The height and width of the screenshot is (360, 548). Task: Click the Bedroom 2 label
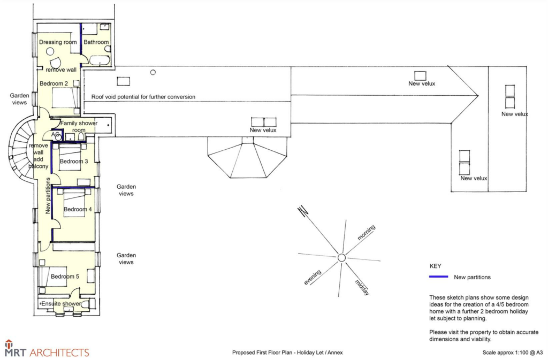pyautogui.click(x=54, y=83)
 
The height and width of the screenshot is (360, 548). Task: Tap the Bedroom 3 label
pyautogui.click(x=74, y=162)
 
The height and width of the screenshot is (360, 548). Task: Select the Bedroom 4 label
pyautogui.click(x=78, y=209)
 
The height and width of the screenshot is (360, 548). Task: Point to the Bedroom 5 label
pyautogui.click(x=65, y=276)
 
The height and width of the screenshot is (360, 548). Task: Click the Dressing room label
pyautogui.click(x=58, y=42)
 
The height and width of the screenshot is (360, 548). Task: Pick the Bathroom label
pyautogui.click(x=96, y=42)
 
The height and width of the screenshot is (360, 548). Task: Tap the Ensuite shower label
pyautogui.click(x=61, y=303)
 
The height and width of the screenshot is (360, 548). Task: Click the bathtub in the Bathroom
pyautogui.click(x=100, y=60)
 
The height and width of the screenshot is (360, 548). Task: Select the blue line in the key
pyautogui.click(x=439, y=277)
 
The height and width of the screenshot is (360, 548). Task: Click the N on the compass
pyautogui.click(x=303, y=211)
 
